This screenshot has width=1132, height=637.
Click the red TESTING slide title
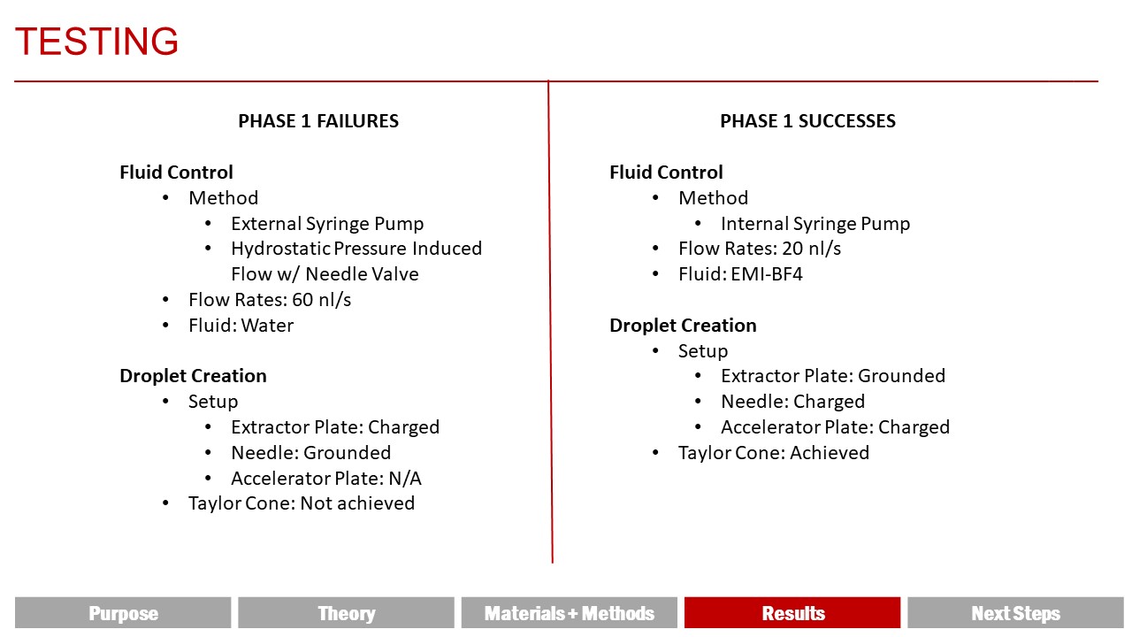(x=96, y=41)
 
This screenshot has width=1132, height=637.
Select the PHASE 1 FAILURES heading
(x=318, y=121)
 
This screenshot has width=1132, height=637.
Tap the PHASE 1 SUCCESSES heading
(x=807, y=121)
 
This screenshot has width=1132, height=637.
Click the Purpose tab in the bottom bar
(x=123, y=613)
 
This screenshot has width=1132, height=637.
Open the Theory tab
(x=346, y=613)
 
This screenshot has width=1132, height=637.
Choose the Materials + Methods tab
(x=569, y=613)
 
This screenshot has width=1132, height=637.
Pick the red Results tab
(x=792, y=613)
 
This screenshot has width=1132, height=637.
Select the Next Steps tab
(x=1015, y=613)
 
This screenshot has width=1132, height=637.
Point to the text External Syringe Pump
(x=327, y=224)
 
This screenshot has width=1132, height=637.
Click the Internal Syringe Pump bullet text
(x=815, y=224)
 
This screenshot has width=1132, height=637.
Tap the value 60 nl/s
(x=321, y=300)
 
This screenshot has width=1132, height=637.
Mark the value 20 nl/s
(x=812, y=249)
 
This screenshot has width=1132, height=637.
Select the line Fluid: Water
(x=241, y=326)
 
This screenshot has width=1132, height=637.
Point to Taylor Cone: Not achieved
(x=302, y=503)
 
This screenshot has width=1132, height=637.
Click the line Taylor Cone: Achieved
(x=774, y=453)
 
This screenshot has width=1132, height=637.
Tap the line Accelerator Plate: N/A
(x=326, y=479)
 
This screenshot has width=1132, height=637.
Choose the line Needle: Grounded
(x=310, y=453)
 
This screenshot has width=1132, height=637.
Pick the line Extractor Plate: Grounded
(x=833, y=376)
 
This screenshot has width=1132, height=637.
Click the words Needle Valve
(x=362, y=274)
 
